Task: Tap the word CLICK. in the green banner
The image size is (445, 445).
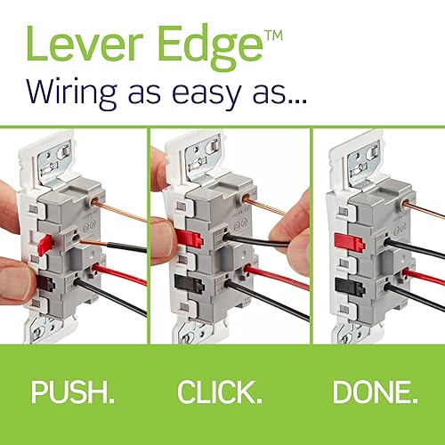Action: (219, 392)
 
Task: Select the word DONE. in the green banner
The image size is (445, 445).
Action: (373, 392)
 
